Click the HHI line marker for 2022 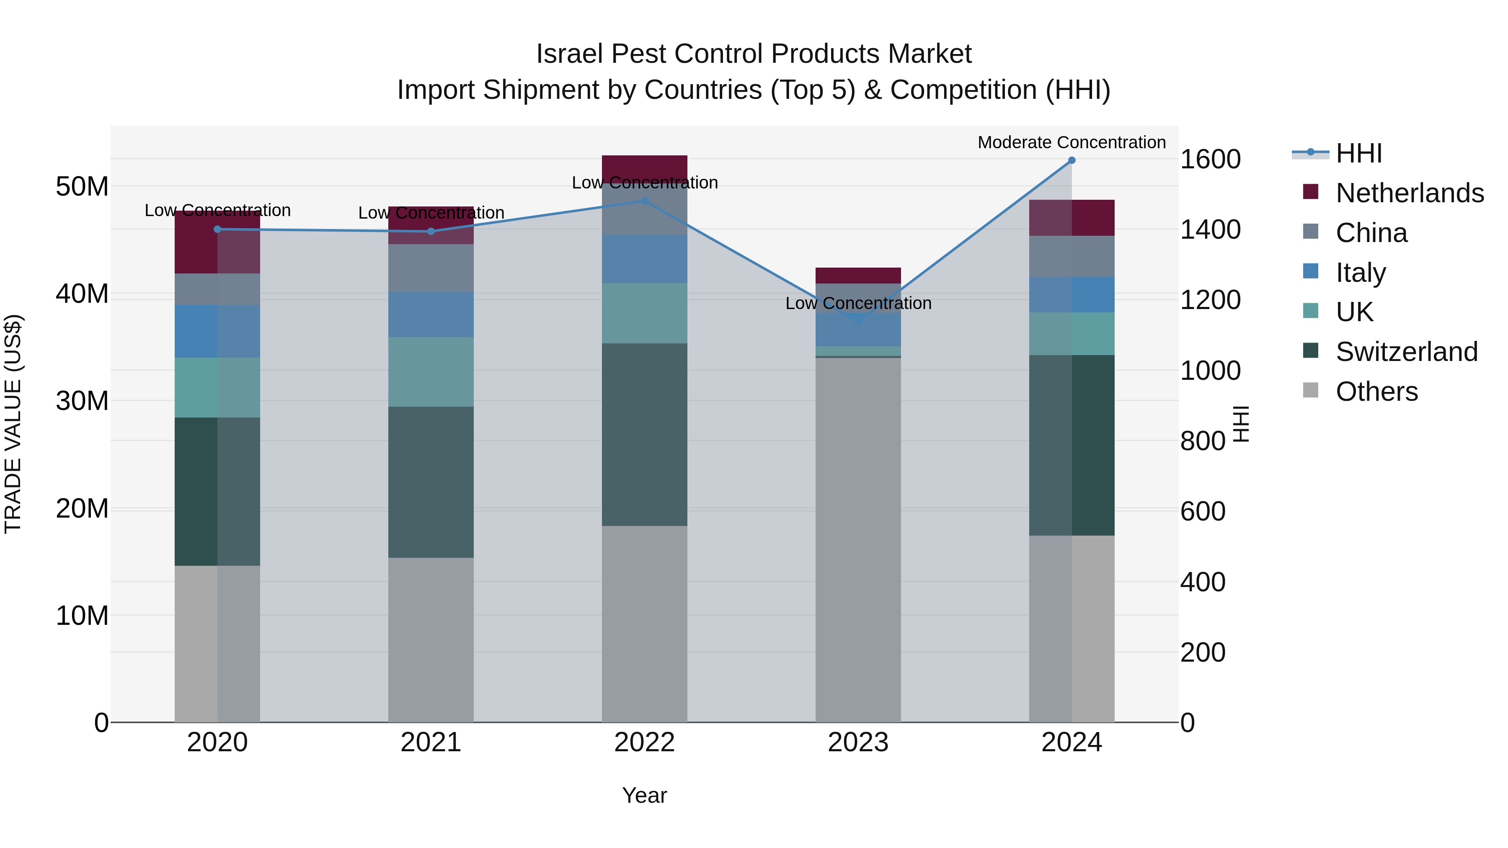point(645,201)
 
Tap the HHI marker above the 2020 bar point(217,229)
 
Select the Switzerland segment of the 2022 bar point(645,434)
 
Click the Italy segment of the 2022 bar point(645,259)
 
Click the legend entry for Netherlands point(1409,193)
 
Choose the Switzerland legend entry point(1406,352)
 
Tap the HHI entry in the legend point(1358,153)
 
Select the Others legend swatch point(1311,390)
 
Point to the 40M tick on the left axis point(82,294)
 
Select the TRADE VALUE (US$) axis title point(13,424)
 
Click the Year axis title point(645,795)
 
